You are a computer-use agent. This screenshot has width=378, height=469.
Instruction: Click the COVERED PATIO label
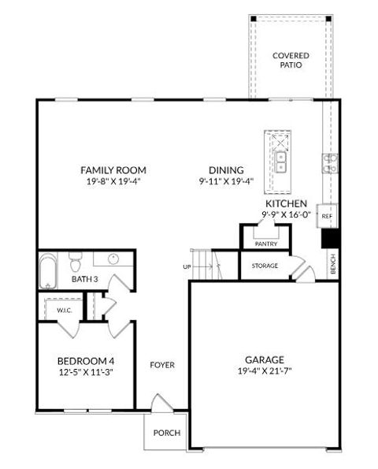point(291,60)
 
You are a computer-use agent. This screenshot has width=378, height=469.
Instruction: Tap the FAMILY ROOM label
point(113,169)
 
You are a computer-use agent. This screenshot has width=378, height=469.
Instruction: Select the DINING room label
point(226,169)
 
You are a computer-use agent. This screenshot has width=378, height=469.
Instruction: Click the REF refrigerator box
point(327,215)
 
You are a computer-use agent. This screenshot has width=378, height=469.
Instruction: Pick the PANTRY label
point(265,244)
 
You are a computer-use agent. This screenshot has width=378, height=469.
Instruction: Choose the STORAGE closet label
point(265,266)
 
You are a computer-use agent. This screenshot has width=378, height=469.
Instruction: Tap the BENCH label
point(333,266)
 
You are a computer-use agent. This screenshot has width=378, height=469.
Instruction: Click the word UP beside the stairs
point(187,266)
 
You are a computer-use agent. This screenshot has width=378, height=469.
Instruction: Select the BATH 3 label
point(84,278)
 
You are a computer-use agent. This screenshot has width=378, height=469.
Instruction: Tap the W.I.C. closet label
point(65,311)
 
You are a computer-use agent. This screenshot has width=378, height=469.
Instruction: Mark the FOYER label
point(163,365)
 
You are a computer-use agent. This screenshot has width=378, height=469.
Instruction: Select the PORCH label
point(167,433)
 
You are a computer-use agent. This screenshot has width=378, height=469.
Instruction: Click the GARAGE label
point(265,359)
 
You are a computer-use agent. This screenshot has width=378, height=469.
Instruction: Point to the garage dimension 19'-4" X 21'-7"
point(265,371)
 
